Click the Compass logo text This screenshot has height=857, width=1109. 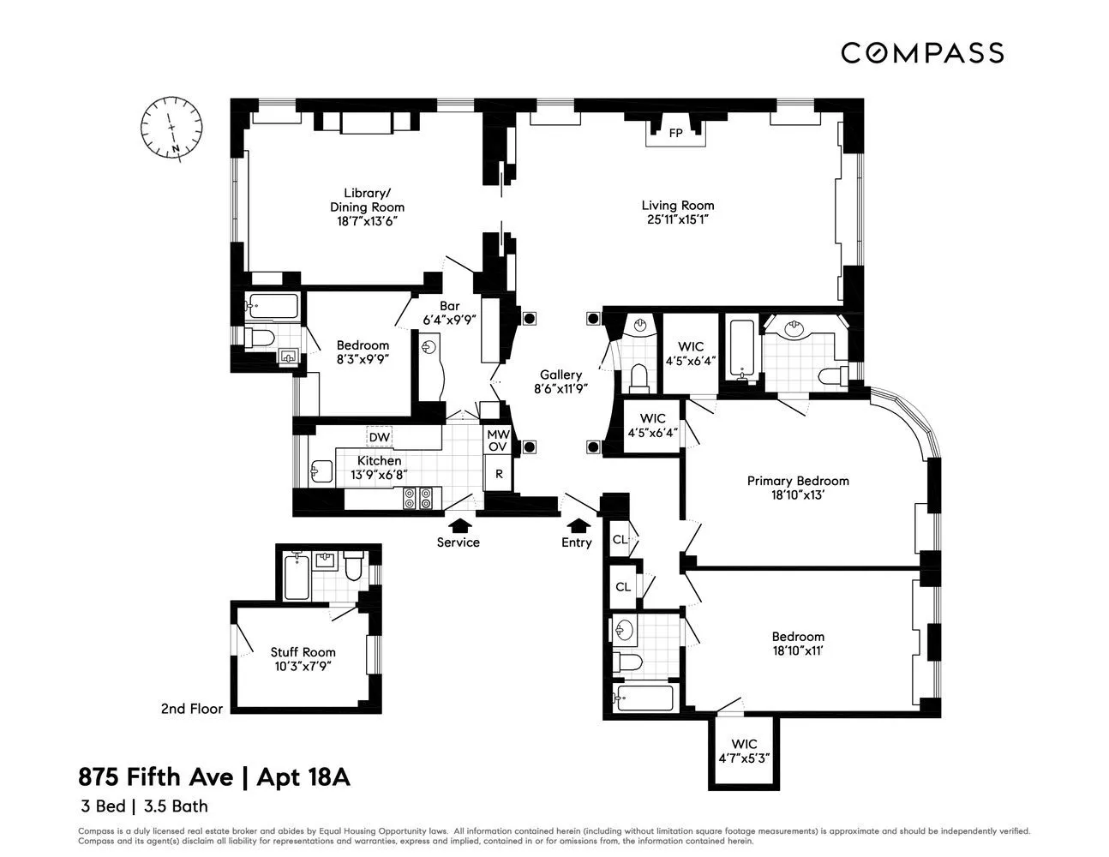point(921,53)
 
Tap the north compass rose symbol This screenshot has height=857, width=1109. point(172,128)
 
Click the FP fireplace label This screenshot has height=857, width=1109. point(675,133)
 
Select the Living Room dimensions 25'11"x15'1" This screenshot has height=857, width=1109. point(677,219)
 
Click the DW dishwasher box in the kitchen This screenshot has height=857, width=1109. point(379,437)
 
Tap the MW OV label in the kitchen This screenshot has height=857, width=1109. point(498,440)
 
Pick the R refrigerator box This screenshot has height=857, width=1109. point(498,473)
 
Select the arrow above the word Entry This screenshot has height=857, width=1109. point(579,524)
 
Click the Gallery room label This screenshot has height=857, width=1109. point(560,375)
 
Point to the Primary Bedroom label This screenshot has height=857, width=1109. point(797,481)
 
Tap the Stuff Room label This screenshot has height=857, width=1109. point(303,652)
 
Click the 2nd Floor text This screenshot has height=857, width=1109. point(192,709)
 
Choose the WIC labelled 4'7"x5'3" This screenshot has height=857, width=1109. point(744,751)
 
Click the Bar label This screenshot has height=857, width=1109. point(449,306)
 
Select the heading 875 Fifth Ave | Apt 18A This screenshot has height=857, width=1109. point(214,777)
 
